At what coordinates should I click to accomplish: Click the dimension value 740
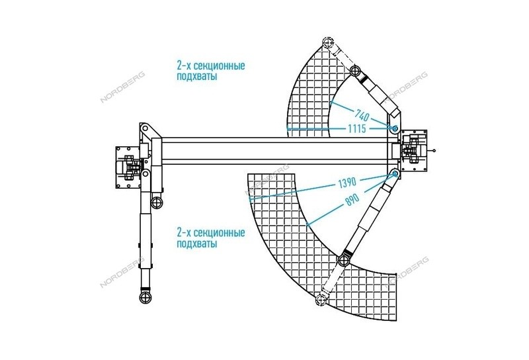[362, 116]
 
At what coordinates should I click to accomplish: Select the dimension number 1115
[357, 128]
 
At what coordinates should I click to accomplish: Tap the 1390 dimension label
[347, 183]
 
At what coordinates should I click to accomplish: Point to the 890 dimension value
[352, 201]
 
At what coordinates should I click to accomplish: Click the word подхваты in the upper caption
[197, 77]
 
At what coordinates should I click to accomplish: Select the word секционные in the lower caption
[220, 233]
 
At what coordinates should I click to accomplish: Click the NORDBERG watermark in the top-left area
[122, 87]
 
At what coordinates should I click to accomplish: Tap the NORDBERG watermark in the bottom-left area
[122, 272]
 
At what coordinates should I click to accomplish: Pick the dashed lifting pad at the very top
[327, 42]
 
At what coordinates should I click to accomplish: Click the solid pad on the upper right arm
[354, 71]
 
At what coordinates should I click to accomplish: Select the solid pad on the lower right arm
[344, 261]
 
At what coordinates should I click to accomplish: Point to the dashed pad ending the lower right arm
[321, 300]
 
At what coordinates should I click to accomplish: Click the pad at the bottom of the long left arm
[145, 297]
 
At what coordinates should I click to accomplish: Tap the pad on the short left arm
[157, 202]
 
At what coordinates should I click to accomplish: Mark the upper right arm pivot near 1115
[394, 128]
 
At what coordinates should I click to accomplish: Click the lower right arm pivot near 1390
[395, 174]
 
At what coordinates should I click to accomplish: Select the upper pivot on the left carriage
[145, 128]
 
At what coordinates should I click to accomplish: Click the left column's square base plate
[128, 167]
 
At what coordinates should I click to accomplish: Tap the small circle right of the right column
[434, 150]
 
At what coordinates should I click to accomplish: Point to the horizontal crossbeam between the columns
[274, 151]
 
